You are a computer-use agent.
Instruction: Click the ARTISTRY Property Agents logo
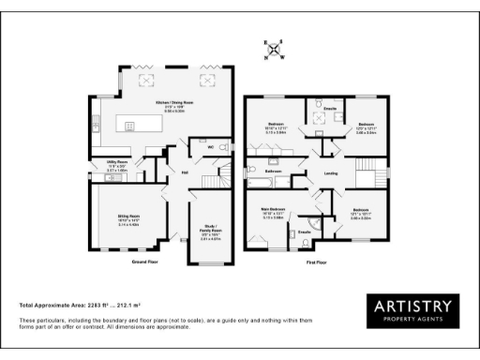(x=412, y=312)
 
